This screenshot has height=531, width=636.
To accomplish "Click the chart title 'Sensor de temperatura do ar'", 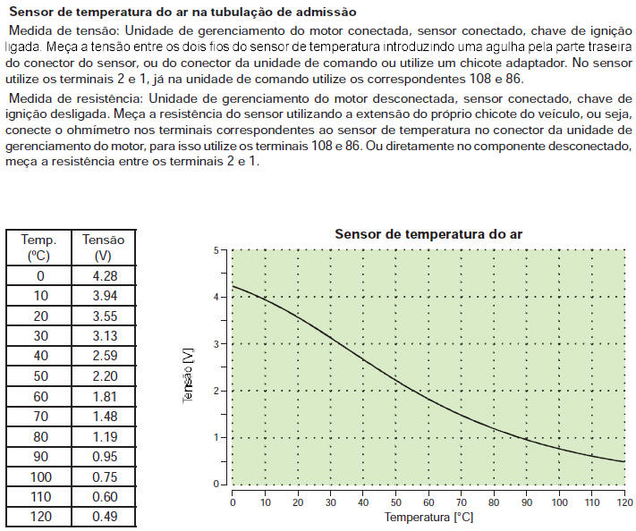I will [428, 234].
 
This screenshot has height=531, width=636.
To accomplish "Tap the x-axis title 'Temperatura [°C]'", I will [428, 517].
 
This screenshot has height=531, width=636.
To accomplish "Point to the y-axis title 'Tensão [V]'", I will [189, 376].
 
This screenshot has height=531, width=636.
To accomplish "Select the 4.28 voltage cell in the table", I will [104, 275].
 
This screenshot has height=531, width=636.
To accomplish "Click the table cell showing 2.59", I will [104, 356].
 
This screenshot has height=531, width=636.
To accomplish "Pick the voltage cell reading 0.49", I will [104, 517].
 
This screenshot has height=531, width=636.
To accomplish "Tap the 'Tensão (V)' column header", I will [104, 248].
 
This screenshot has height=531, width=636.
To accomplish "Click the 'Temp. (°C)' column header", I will [38, 248].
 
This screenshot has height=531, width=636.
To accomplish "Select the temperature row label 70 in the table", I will [38, 417].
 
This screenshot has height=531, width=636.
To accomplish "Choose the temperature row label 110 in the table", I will [38, 497].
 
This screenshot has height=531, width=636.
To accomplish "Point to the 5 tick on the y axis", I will [216, 250].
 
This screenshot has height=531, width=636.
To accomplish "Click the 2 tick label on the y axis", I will [216, 391].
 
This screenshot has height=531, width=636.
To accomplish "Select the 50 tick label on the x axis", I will [394, 501].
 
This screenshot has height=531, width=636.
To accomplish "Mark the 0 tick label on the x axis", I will [232, 501].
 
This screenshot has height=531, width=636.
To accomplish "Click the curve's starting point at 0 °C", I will [233, 285].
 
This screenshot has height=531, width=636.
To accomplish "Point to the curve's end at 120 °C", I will [623, 461].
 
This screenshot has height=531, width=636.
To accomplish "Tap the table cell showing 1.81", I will [104, 396].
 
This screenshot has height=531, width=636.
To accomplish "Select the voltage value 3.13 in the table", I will [104, 336].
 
